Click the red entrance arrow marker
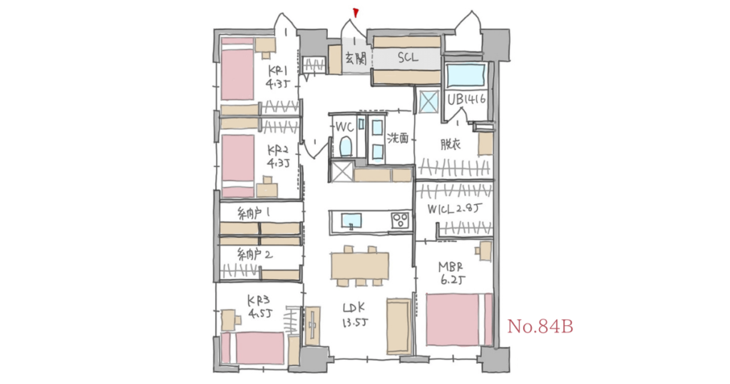pos(355,12)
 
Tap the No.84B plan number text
pos(540,327)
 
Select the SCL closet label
pos(408,58)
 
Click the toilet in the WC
pos(346,147)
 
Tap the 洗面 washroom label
pos(398,139)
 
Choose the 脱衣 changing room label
pos(451,143)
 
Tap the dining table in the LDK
pos(359,266)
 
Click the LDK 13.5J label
pos(354,314)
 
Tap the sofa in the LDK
pos(398,326)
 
